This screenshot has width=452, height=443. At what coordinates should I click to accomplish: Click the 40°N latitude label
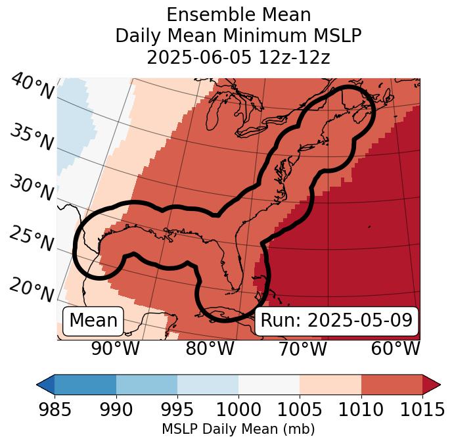click(31, 87)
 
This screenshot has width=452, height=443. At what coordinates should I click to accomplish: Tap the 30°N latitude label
click(31, 189)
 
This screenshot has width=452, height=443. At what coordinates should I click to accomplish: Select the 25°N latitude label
click(31, 239)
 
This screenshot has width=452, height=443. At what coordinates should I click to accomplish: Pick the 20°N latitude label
click(31, 289)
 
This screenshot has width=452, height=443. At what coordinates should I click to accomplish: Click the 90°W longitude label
click(115, 348)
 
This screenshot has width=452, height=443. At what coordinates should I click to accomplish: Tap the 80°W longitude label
click(210, 348)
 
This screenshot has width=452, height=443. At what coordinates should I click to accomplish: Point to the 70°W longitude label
click(302, 348)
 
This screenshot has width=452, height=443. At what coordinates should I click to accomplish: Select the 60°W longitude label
click(395, 348)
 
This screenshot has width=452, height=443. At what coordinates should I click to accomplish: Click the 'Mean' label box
click(93, 321)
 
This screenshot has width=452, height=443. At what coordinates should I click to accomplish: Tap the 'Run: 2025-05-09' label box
click(336, 321)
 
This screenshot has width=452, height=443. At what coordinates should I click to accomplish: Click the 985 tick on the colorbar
click(55, 409)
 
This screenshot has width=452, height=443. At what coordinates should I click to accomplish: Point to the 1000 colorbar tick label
click(238, 409)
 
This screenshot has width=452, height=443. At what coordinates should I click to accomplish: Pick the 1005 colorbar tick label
click(300, 409)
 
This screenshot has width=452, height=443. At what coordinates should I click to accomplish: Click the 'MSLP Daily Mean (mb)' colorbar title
click(238, 430)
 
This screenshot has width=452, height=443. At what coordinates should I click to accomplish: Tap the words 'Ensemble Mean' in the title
click(238, 14)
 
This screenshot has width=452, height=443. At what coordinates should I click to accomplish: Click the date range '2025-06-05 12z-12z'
click(238, 57)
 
